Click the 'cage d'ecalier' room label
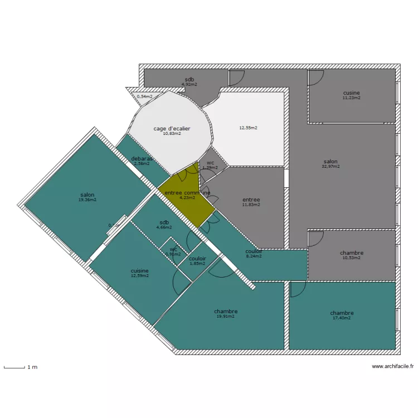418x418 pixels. click(x=172, y=129)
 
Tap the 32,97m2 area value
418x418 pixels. click(x=330, y=166)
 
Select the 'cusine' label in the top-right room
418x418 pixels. click(x=351, y=93)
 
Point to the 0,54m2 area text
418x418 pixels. click(x=144, y=96)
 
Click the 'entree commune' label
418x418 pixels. click(x=187, y=193)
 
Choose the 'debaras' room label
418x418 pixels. click(x=142, y=159)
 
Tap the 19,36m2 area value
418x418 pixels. click(x=88, y=200)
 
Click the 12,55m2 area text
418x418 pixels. click(x=248, y=128)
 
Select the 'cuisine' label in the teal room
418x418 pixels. click(x=139, y=270)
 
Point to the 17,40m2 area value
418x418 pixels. click(x=342, y=318)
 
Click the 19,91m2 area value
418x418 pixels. click(x=226, y=316)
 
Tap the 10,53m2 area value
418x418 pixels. click(x=351, y=257)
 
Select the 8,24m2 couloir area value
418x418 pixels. click(x=254, y=257)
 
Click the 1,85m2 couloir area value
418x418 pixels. click(x=197, y=263)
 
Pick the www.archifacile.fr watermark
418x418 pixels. click(x=393, y=366)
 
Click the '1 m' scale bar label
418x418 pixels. click(x=32, y=367)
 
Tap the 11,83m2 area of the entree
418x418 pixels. click(x=251, y=205)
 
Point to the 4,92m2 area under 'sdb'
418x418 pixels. click(x=189, y=84)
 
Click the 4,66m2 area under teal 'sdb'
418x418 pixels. click(x=164, y=227)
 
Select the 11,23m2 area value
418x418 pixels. click(x=351, y=98)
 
